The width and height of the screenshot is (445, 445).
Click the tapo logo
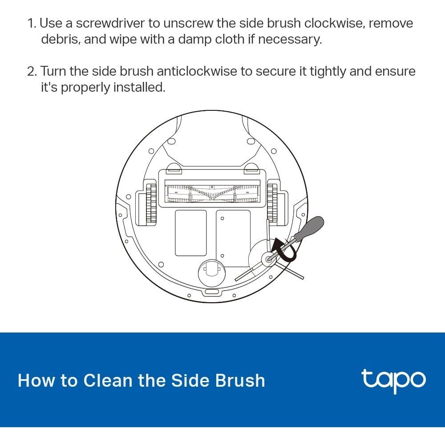(x=394, y=381)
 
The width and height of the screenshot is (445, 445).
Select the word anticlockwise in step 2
(x=197, y=71)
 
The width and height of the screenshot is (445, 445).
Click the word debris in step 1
(x=59, y=39)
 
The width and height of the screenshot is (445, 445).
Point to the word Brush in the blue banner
(x=240, y=380)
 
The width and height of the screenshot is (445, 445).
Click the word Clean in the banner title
(x=108, y=380)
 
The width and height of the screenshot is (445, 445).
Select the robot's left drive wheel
(x=151, y=203)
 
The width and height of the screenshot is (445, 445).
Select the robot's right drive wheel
(x=272, y=203)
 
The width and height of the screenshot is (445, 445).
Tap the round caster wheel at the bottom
(x=212, y=273)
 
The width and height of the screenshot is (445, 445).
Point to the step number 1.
(x=32, y=23)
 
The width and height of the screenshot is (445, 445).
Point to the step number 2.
(x=32, y=71)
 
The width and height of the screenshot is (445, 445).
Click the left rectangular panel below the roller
(x=191, y=233)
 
